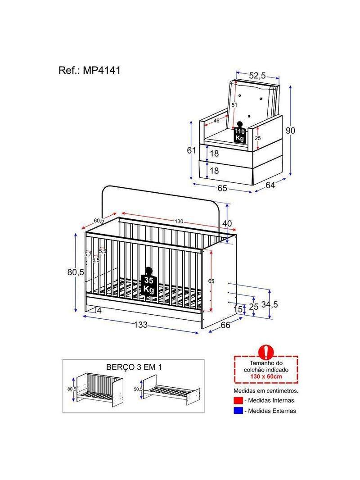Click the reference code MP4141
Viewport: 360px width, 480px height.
tap(102, 70)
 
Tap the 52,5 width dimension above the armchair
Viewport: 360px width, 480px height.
tap(257, 75)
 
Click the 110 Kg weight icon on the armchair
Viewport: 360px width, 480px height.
tap(239, 132)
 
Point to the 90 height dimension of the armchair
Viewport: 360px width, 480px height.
tap(290, 131)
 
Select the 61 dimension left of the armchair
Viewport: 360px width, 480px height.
tap(191, 150)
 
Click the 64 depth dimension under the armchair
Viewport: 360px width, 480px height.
tap(270, 185)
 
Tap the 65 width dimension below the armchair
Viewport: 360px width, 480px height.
tap(222, 188)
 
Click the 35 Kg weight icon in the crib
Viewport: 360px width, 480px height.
tap(148, 282)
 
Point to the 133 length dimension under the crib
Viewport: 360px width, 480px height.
tap(140, 325)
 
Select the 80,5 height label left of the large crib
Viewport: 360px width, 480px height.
tap(76, 272)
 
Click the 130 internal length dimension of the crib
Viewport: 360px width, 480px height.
tap(179, 222)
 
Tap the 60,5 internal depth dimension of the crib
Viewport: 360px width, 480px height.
tap(99, 220)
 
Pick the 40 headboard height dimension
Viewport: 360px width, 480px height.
tap(227, 223)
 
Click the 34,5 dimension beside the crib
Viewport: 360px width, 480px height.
tap(270, 304)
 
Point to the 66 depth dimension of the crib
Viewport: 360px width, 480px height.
tap(225, 325)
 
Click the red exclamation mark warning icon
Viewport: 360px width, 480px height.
tap(266, 352)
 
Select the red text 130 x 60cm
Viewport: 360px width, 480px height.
tap(266, 376)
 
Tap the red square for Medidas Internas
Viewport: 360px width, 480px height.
tap(238, 400)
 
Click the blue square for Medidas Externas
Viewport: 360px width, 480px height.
tap(238, 411)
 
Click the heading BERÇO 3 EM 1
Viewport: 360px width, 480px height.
tap(134, 367)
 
